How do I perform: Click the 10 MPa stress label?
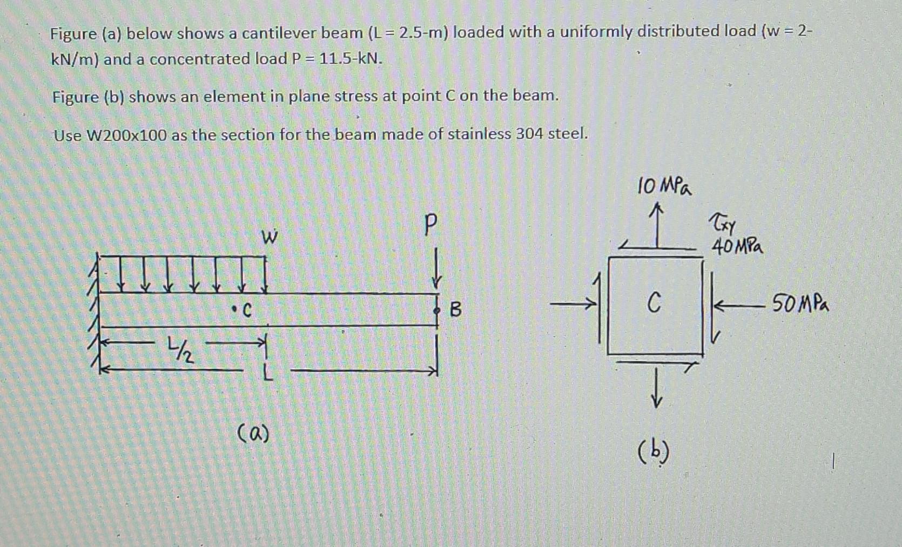click(665, 187)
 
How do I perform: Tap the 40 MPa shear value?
click(737, 247)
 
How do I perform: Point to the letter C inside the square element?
click(654, 303)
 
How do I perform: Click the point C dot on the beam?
click(234, 309)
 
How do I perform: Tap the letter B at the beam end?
click(456, 310)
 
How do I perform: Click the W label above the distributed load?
click(269, 237)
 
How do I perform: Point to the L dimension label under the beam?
click(266, 373)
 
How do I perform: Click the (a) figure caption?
click(253, 434)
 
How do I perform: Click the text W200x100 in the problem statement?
click(126, 135)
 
